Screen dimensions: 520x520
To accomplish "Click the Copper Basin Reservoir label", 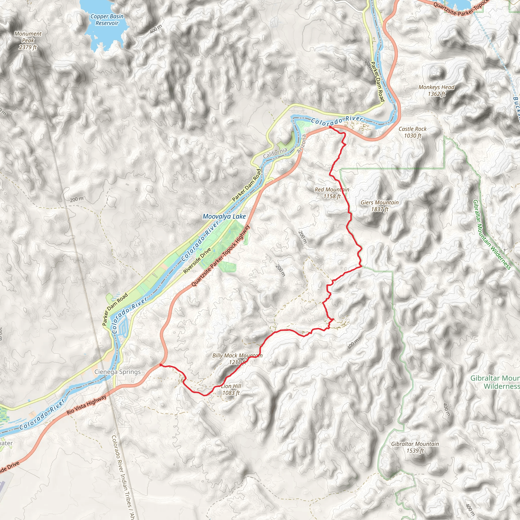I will click(x=107, y=20).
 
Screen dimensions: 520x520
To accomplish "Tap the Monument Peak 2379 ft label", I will click(x=28, y=40).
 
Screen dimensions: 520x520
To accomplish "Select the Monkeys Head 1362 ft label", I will click(x=436, y=90).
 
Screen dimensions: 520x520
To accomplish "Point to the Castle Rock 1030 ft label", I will click(x=412, y=132).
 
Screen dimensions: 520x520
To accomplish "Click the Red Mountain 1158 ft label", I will click(x=332, y=193).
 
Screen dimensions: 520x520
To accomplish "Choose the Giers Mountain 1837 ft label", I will click(x=380, y=206).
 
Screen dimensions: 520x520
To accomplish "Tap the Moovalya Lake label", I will click(x=224, y=216).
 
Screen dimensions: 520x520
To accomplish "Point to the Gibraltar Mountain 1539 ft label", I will click(x=415, y=447).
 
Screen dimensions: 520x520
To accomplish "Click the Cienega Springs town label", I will click(x=118, y=372).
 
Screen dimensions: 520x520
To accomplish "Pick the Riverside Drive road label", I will click(x=197, y=261).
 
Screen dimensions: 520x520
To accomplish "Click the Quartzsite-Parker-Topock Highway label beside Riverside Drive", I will click(x=220, y=255).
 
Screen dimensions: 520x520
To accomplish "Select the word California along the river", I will click(x=275, y=153).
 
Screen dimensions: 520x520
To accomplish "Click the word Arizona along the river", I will click(x=302, y=144).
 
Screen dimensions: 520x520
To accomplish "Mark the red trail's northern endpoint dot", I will click(x=330, y=126).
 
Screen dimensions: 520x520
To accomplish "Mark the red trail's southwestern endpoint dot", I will click(x=161, y=365).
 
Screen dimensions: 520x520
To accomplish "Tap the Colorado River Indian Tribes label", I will click(x=123, y=476).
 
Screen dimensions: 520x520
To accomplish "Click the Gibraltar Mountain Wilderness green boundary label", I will click(x=492, y=234).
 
